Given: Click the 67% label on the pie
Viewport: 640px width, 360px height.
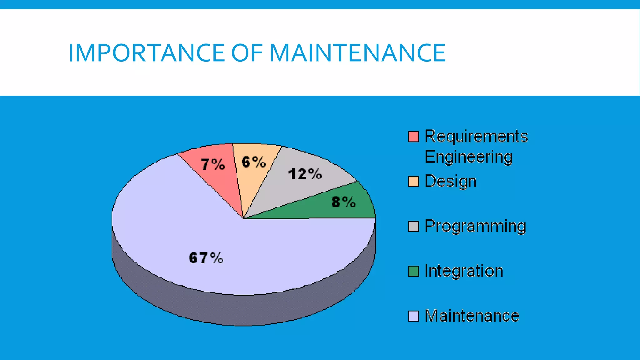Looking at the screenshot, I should click(206, 258).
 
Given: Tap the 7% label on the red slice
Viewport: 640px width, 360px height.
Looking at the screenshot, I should click(213, 164).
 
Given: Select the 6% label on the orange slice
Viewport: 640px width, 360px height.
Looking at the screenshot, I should click(254, 162).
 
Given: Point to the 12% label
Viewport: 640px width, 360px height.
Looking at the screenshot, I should click(305, 174).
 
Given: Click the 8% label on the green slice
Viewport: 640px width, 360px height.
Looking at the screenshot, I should click(343, 202).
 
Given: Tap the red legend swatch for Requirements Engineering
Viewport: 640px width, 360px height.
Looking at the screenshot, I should click(413, 137).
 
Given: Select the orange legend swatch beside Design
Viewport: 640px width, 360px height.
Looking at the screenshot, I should click(413, 182).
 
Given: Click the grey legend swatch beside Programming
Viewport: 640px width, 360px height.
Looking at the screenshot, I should click(413, 226).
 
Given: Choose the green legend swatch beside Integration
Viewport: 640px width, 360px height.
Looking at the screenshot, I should click(413, 271).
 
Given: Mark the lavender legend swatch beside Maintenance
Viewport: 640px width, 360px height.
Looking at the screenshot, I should click(413, 316).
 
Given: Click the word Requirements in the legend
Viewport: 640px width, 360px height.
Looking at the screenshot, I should click(476, 137).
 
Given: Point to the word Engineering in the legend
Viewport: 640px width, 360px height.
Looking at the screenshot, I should click(468, 157).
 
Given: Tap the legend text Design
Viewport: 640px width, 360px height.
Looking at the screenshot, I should click(450, 182).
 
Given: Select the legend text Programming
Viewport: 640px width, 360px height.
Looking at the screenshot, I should click(475, 226).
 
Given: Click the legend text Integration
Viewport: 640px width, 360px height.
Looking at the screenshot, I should click(464, 271).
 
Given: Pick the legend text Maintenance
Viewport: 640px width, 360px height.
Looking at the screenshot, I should click(472, 316).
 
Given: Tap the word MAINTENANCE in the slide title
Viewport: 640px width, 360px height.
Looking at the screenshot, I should click(357, 53).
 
